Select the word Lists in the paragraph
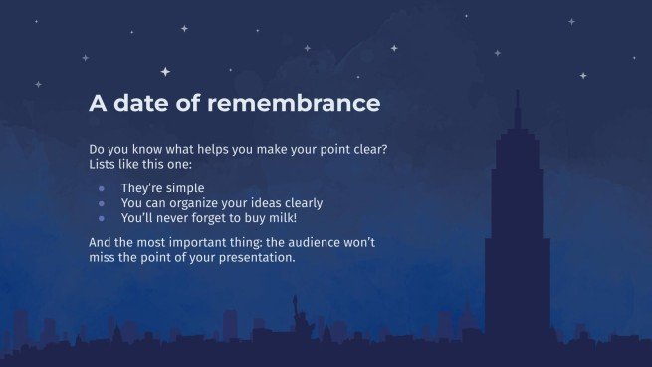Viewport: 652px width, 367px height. click(104, 163)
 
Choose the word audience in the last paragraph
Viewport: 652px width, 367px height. click(316, 242)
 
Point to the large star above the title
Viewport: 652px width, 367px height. click(165, 71)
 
